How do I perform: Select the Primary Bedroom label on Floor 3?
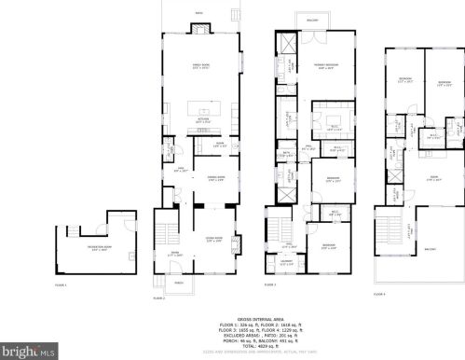325,66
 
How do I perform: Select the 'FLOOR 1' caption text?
62,284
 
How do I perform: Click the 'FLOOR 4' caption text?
378,295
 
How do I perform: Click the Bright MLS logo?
28,352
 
